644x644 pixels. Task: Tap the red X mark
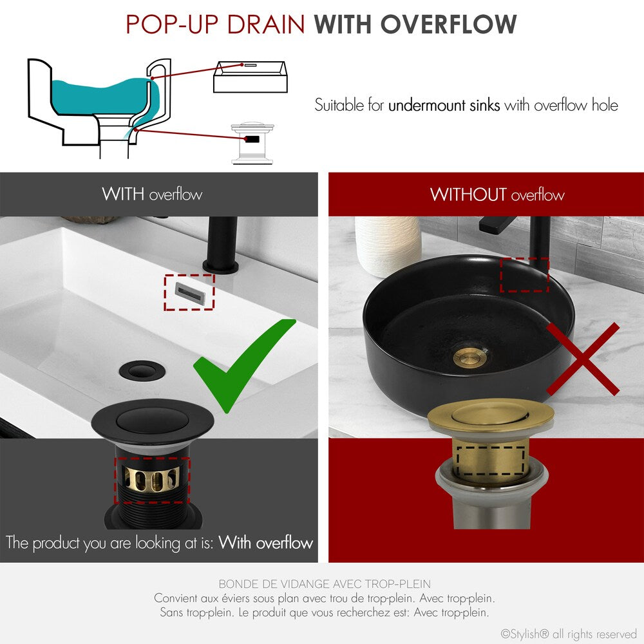[x=582, y=359]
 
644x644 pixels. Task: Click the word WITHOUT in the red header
[x=468, y=194]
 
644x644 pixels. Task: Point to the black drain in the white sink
[x=137, y=370]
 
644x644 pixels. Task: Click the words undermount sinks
[x=444, y=105]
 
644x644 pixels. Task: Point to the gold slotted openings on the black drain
[x=152, y=479]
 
